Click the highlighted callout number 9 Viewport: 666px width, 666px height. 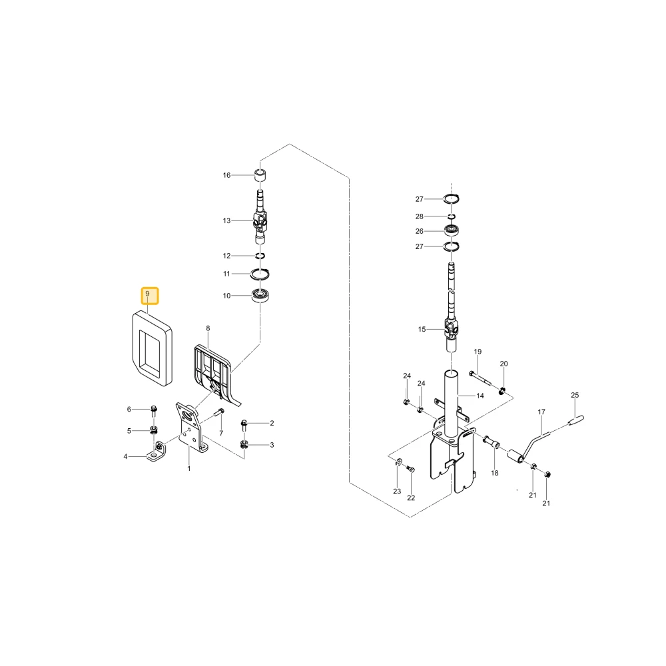coord(147,294)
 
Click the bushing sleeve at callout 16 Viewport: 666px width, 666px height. coord(260,175)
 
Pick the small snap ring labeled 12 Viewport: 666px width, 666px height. coord(260,256)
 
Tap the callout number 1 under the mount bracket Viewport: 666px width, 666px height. coord(189,468)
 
